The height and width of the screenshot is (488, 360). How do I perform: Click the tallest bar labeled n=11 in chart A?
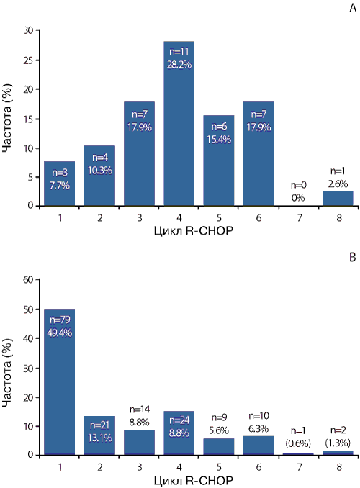tap(179, 123)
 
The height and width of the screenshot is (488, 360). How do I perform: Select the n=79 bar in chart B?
tap(60, 382)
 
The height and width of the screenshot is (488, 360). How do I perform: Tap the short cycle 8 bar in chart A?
tap(338, 198)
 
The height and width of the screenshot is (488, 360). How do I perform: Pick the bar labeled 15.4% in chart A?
tap(219, 161)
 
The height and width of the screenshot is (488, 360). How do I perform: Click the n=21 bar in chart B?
tap(99, 435)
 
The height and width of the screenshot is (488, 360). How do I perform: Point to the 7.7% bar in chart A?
tap(60, 184)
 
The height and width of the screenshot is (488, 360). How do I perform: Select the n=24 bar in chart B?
tap(179, 433)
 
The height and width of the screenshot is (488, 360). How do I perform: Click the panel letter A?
tap(353, 8)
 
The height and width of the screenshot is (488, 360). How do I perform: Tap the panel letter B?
tap(353, 258)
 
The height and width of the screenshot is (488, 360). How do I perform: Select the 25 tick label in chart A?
tap(28, 60)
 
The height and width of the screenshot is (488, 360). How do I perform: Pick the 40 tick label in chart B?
tap(28, 338)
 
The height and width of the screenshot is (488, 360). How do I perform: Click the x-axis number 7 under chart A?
tap(299, 218)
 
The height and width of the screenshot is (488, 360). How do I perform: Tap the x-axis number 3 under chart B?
tap(139, 467)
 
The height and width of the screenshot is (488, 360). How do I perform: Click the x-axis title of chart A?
tap(194, 231)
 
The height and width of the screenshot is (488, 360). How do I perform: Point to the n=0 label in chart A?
tap(299, 185)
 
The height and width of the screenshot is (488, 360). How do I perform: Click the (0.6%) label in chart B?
tap(298, 443)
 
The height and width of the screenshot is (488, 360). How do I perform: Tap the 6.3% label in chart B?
tap(258, 429)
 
